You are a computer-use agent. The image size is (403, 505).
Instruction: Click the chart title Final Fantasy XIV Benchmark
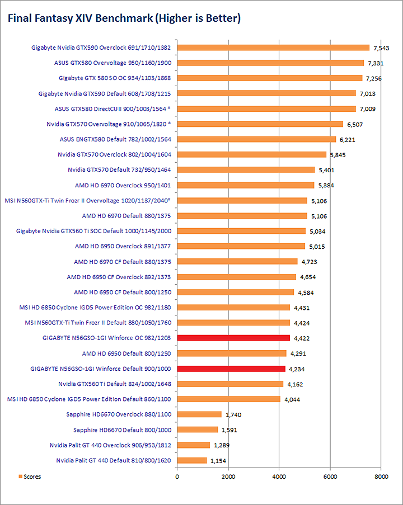pos(123,19)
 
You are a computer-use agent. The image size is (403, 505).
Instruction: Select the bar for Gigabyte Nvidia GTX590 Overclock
pos(273,48)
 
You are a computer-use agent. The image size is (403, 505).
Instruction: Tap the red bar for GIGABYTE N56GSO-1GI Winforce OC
pos(233,338)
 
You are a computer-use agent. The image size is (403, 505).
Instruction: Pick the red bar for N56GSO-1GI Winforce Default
pos(231,369)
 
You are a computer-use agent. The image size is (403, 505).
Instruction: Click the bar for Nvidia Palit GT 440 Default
pos(192,460)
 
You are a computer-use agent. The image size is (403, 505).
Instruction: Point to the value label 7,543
pos(382,48)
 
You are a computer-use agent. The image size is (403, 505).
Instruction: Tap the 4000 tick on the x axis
pos(279,476)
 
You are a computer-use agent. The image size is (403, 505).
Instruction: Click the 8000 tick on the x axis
pos(381,476)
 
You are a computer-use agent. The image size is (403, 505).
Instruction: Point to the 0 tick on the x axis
pos(177,476)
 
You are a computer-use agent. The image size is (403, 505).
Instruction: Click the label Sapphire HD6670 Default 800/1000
pos(122,430)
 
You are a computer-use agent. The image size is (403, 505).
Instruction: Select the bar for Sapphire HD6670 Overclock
pos(199,414)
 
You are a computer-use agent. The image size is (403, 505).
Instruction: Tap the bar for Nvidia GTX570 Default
pos(246,169)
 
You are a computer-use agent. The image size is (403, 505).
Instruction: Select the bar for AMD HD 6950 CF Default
pos(235,292)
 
